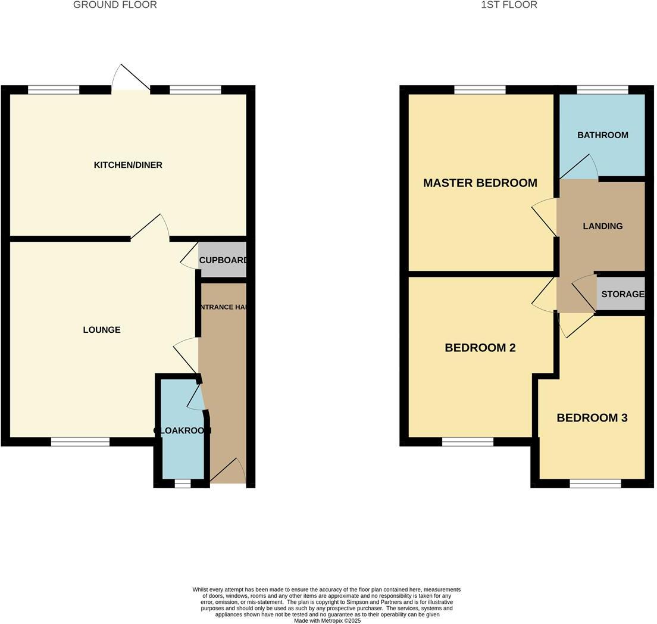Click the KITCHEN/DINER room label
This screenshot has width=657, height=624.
pyautogui.click(x=128, y=165)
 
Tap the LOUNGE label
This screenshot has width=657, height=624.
pyautogui.click(x=102, y=330)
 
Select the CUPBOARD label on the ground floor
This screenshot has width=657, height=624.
pyautogui.click(x=223, y=260)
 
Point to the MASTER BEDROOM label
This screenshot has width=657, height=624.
pyautogui.click(x=480, y=183)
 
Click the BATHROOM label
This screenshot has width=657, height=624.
pyautogui.click(x=602, y=135)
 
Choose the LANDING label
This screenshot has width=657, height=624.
pyautogui.click(x=602, y=226)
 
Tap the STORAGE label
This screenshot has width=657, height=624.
pyautogui.click(x=622, y=294)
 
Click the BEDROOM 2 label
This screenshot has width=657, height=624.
pyautogui.click(x=480, y=348)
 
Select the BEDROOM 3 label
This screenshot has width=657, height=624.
pyautogui.click(x=592, y=418)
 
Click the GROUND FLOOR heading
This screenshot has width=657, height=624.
pyautogui.click(x=115, y=5)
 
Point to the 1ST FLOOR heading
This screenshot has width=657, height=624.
pyautogui.click(x=509, y=5)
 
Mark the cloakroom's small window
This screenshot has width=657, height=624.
pyautogui.click(x=182, y=483)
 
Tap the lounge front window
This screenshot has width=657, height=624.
pyautogui.click(x=80, y=442)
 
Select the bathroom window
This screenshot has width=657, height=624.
pyautogui.click(x=602, y=90)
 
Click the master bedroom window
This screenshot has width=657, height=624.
pyautogui.click(x=480, y=90)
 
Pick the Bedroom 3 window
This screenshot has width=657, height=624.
pyautogui.click(x=595, y=483)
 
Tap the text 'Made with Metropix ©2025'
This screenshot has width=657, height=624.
pyautogui.click(x=327, y=620)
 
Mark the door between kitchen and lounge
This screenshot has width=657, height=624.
pyautogui.click(x=150, y=228)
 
